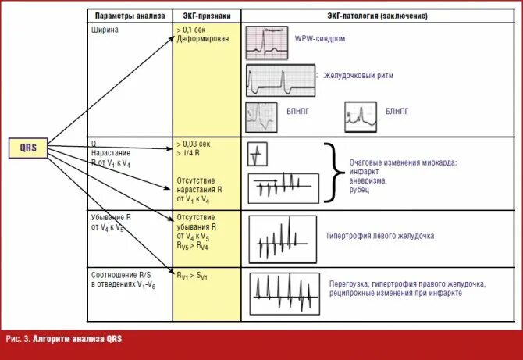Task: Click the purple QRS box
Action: [29, 148]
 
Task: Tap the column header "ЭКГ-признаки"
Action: [207, 16]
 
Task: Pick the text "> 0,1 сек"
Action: [193, 30]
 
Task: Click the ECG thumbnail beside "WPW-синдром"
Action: [269, 43]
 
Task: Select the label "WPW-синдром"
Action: [319, 39]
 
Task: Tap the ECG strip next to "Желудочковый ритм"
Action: [280, 80]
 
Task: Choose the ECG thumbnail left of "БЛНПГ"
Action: [361, 117]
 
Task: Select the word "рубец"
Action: [361, 189]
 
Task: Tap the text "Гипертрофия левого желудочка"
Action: [379, 236]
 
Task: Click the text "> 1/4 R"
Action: [190, 154]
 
